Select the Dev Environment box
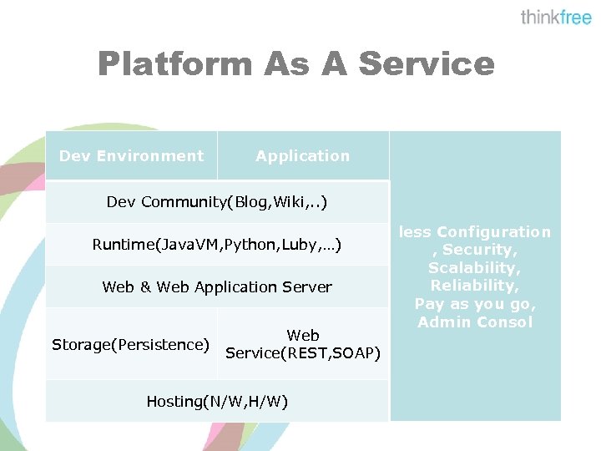(131, 156)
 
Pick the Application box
(303, 156)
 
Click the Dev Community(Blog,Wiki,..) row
(217, 202)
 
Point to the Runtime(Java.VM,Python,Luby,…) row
(217, 245)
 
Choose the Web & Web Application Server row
(217, 287)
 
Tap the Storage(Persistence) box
(131, 344)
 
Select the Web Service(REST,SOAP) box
(303, 344)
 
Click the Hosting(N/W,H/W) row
(217, 402)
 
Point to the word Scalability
(474, 268)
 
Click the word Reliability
(474, 286)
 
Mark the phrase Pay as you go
(474, 304)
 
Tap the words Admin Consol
(474, 322)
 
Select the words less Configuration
(474, 232)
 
